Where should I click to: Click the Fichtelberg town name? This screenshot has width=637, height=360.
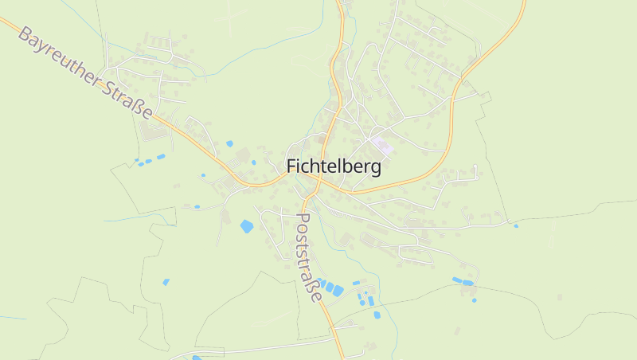click(x=333, y=167)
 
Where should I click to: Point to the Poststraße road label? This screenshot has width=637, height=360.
click(x=309, y=256)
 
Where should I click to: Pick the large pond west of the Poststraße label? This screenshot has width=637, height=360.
click(x=247, y=226)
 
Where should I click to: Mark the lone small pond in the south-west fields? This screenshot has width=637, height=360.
click(x=166, y=281)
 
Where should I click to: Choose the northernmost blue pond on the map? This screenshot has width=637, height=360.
click(x=229, y=143)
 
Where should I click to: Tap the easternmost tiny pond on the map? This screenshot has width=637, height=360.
click(x=516, y=225)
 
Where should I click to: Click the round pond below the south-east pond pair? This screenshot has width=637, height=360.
click(x=474, y=300)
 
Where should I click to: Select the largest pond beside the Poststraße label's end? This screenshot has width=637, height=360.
click(x=338, y=291)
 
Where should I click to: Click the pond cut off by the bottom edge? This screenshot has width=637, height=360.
click(x=197, y=358)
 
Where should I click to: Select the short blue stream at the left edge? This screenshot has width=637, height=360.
click(x=12, y=318)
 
